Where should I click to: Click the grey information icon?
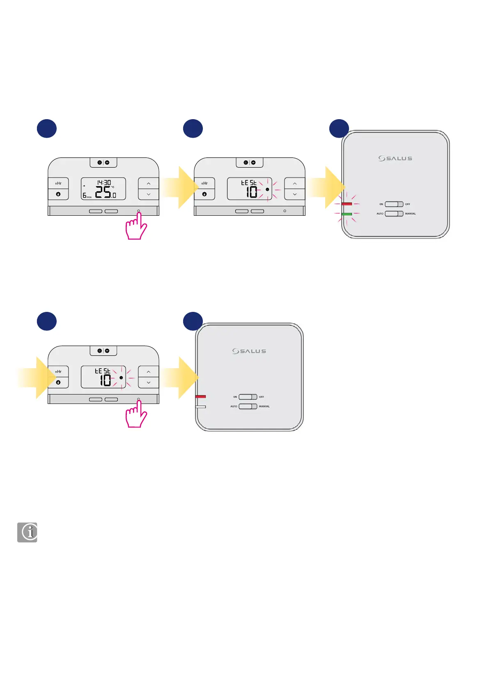(27, 532)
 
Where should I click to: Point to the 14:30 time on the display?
(103, 182)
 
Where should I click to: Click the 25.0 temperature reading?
(106, 192)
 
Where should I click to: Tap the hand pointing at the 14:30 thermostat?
(136, 227)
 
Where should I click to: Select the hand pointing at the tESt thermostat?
(136, 415)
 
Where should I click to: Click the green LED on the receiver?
(347, 214)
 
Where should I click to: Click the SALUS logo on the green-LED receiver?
(395, 158)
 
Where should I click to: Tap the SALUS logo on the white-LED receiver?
(249, 351)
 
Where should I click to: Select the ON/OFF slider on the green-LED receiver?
(394, 204)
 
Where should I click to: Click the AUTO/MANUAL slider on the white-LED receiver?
(248, 406)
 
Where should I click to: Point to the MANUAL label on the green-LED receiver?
(410, 214)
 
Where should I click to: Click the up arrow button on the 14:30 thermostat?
(149, 184)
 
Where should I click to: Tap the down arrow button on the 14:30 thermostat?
(149, 194)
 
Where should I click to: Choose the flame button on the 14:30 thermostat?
(58, 194)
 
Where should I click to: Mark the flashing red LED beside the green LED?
(347, 204)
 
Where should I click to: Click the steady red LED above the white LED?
(201, 397)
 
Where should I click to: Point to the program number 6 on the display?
(85, 196)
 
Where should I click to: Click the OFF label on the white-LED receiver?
(262, 397)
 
